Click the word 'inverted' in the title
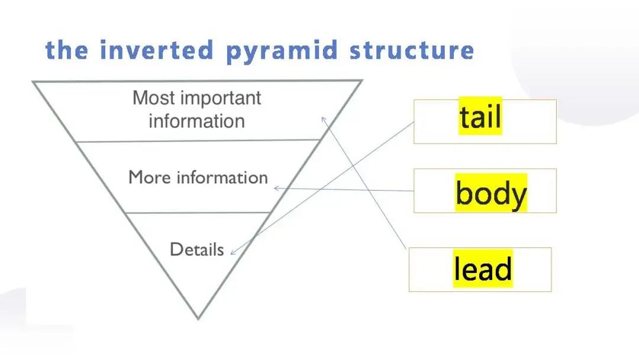(x=156, y=50)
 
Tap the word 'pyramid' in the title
(x=282, y=52)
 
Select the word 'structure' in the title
(x=412, y=50)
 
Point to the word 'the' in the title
(x=66, y=50)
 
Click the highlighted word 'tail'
(x=480, y=116)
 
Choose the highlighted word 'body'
(x=491, y=193)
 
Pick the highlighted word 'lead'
(x=483, y=268)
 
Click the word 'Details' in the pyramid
(x=197, y=249)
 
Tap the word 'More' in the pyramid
(x=150, y=178)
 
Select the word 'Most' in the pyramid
(x=154, y=98)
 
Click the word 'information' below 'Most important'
(x=197, y=121)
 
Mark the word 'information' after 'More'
(x=222, y=178)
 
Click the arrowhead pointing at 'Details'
(x=233, y=252)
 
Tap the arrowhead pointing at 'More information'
(x=276, y=188)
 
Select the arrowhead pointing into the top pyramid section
(x=324, y=119)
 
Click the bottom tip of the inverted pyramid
(x=198, y=319)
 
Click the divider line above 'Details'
(x=198, y=213)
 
